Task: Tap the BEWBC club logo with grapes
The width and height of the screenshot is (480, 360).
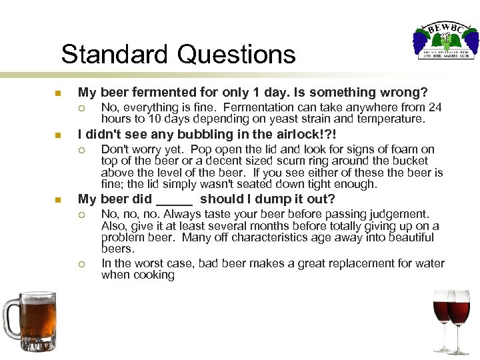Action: (443, 39)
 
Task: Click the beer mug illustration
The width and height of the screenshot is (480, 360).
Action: (29, 319)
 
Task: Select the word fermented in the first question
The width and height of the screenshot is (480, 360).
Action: (159, 92)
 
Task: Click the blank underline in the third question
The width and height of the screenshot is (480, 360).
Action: (174, 199)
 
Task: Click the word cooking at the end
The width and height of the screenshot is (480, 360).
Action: (155, 275)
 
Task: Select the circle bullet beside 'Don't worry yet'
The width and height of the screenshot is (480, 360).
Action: (81, 150)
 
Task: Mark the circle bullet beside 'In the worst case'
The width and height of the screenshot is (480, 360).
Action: (81, 263)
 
